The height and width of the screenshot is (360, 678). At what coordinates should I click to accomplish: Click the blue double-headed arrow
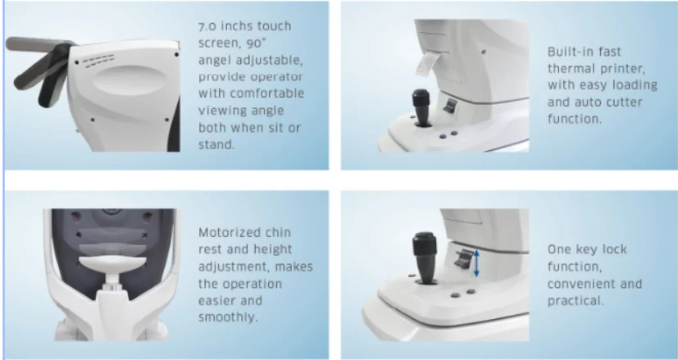point(476,263)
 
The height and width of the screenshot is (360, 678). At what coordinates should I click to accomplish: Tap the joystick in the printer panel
point(421,107)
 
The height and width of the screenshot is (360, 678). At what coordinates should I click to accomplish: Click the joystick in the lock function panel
point(425,257)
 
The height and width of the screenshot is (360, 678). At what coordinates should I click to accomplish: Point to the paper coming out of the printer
point(428,65)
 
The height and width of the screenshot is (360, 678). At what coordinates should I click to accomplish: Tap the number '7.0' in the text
point(207,26)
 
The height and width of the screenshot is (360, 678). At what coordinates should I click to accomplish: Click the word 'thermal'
point(571,68)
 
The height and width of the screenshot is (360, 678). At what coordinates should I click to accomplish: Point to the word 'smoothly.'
point(228,317)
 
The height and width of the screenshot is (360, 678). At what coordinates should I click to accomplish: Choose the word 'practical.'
point(575,301)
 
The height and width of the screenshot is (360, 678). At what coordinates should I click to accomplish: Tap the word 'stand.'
point(216,144)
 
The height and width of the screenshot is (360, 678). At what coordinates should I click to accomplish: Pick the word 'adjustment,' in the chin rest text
point(234,267)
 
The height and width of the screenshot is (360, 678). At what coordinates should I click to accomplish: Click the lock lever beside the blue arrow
point(462,259)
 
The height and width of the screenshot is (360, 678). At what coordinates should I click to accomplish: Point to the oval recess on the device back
point(130,81)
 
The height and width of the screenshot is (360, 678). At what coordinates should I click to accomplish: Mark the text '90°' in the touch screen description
point(256,43)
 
